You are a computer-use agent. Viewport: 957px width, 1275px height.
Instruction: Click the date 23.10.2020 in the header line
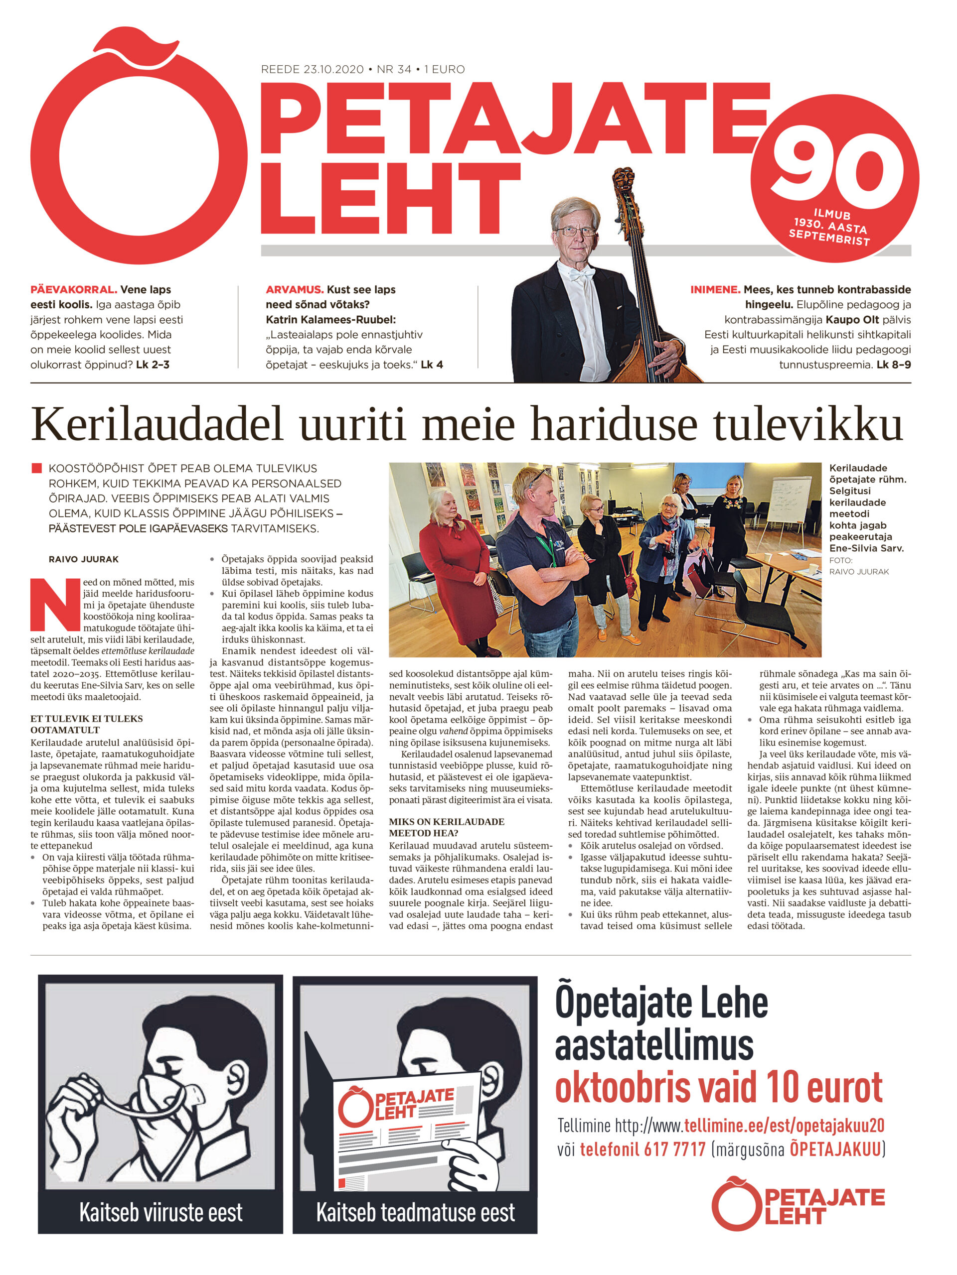(x=333, y=69)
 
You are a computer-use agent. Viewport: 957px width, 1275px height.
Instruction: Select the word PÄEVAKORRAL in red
(x=73, y=289)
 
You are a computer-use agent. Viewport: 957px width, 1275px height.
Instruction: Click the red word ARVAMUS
(x=294, y=289)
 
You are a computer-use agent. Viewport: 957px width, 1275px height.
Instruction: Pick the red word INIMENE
(x=715, y=289)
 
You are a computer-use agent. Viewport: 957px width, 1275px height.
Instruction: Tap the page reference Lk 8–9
(x=893, y=364)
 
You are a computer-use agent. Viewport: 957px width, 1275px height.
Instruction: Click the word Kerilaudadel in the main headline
(x=157, y=425)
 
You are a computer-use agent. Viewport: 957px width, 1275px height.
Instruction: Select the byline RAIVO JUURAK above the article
(x=84, y=559)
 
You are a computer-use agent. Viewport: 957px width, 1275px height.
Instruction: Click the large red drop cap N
(x=55, y=604)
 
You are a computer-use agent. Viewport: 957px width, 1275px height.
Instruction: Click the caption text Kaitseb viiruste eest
(x=160, y=1213)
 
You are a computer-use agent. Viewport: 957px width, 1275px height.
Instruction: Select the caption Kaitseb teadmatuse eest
(x=415, y=1213)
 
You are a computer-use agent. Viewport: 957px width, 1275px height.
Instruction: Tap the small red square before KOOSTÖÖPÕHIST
(x=37, y=468)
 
